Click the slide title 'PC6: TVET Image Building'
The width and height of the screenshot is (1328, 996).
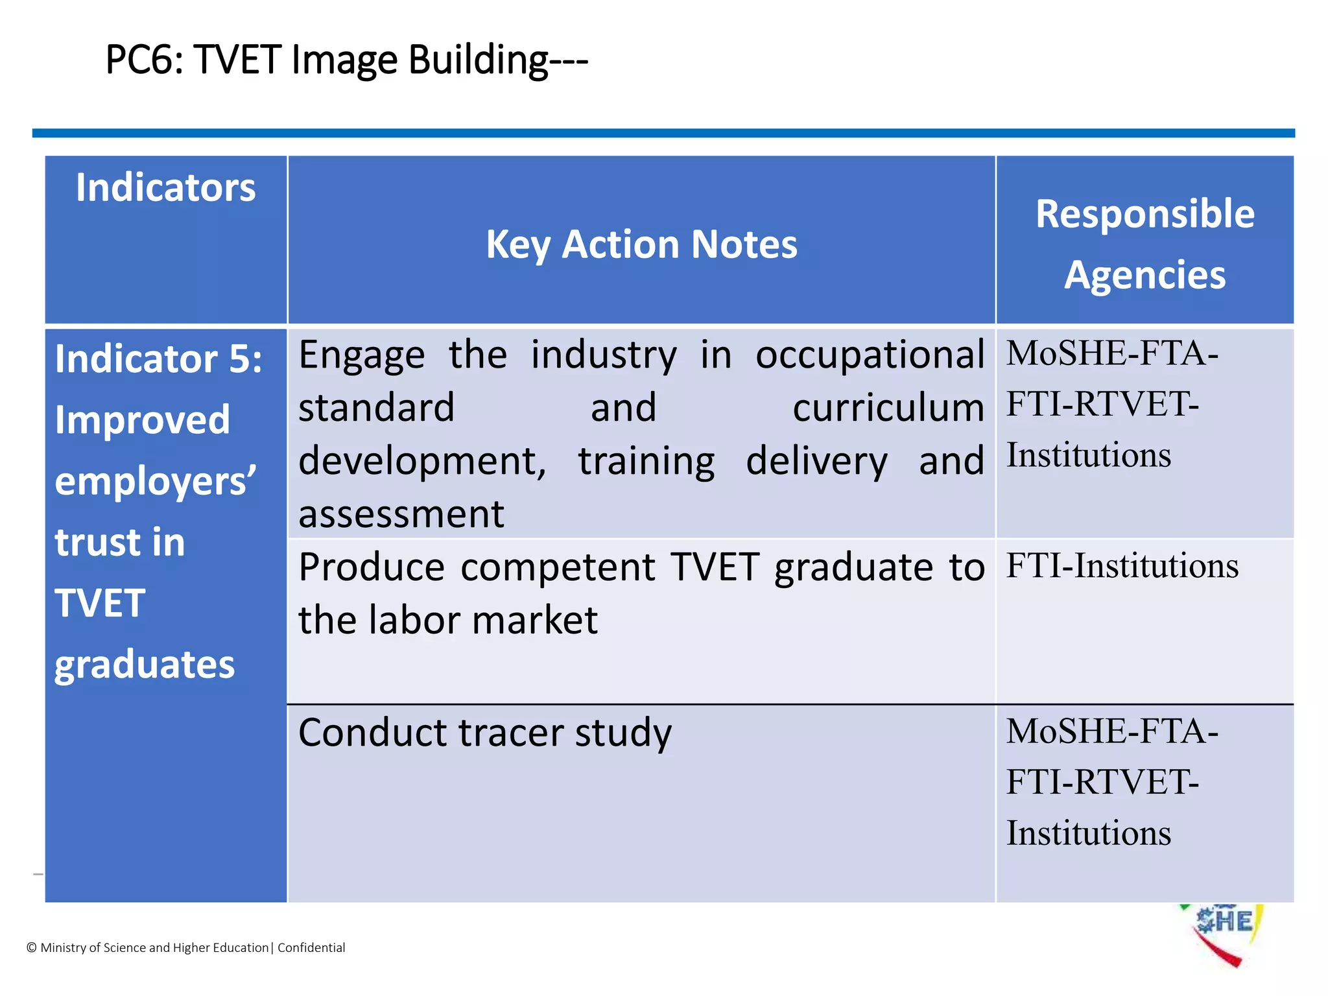[x=346, y=60]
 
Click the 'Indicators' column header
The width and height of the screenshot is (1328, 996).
[x=165, y=187]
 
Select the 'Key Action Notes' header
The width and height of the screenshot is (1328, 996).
[x=641, y=244]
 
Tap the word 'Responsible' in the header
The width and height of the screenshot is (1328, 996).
[x=1144, y=214]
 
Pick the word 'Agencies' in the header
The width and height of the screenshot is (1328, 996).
[x=1144, y=275]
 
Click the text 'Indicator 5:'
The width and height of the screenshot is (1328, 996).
[x=158, y=359]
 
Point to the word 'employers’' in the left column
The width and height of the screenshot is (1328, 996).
[x=156, y=481]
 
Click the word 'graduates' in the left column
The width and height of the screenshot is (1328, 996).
[x=145, y=665]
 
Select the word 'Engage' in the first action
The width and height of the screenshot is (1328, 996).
[x=362, y=355]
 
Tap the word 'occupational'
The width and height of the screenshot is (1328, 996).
[x=870, y=355]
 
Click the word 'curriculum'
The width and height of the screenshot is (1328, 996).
[x=888, y=409]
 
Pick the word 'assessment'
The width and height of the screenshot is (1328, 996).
[x=401, y=514]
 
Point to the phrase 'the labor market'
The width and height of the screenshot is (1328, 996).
[x=448, y=620]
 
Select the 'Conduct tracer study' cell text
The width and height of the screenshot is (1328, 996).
[x=484, y=733]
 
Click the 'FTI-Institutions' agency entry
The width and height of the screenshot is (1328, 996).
[x=1122, y=566]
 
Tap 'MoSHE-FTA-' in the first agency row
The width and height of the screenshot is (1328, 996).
[x=1111, y=354]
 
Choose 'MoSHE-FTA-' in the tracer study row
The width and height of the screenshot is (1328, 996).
[x=1111, y=731]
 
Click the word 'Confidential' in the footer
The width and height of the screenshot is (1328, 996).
[x=311, y=948]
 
